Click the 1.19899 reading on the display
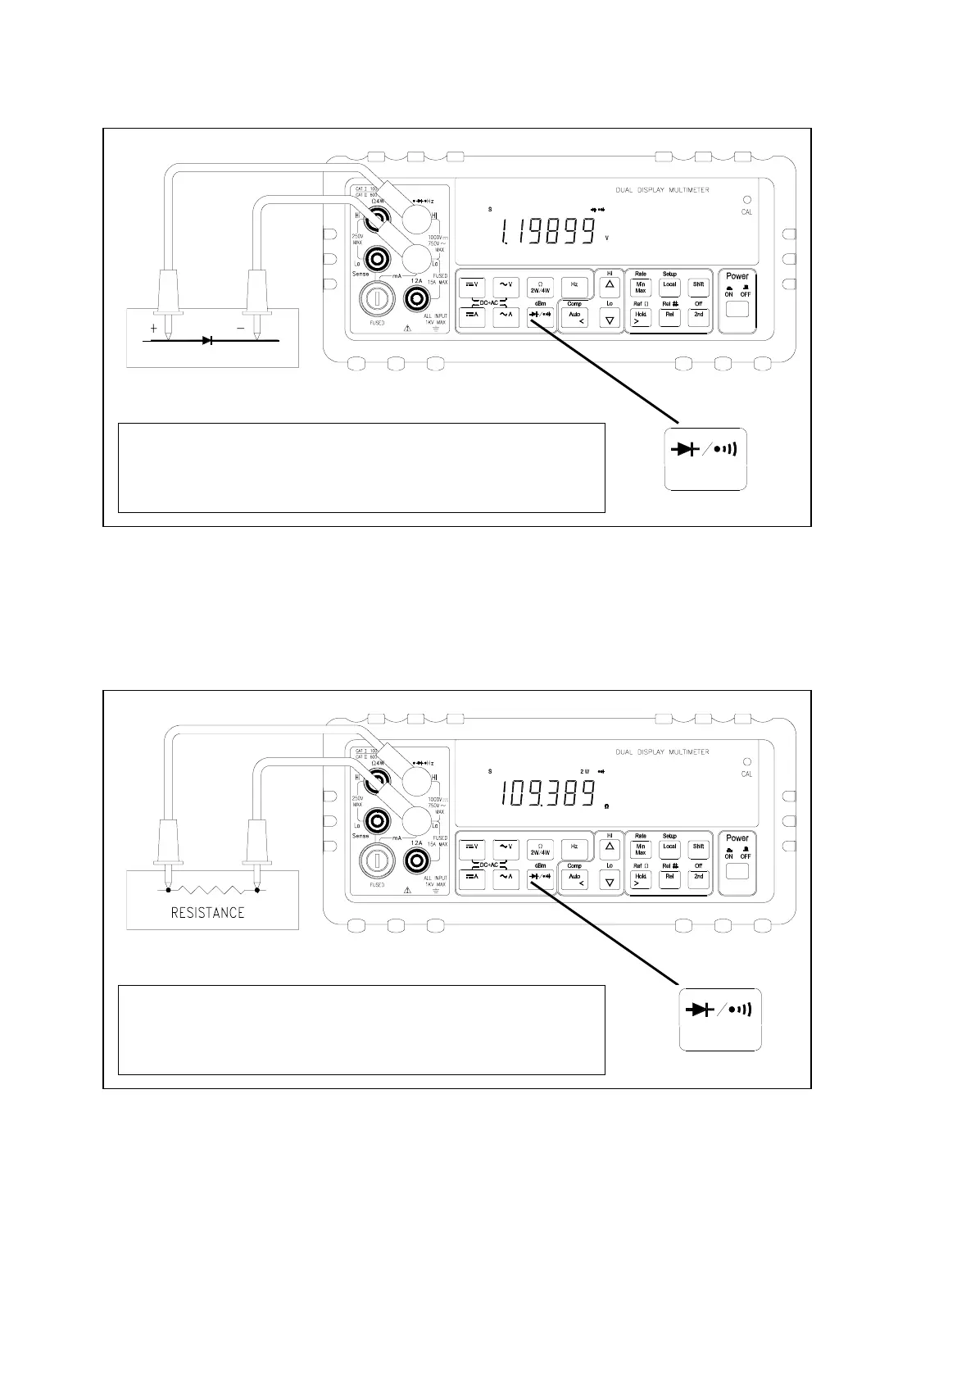[546, 231]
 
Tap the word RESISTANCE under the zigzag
[207, 912]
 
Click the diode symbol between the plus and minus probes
[206, 339]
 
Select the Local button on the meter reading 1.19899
[669, 286]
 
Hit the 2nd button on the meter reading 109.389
[698, 878]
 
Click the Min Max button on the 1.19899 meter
[641, 287]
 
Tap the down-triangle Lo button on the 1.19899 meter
[610, 319]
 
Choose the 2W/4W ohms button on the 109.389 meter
[540, 849]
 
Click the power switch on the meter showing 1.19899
[737, 310]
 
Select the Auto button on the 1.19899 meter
[575, 317]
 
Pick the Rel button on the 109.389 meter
[669, 878]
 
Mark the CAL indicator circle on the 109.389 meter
[746, 761]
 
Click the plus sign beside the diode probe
[153, 328]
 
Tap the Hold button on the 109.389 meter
[640, 878]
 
